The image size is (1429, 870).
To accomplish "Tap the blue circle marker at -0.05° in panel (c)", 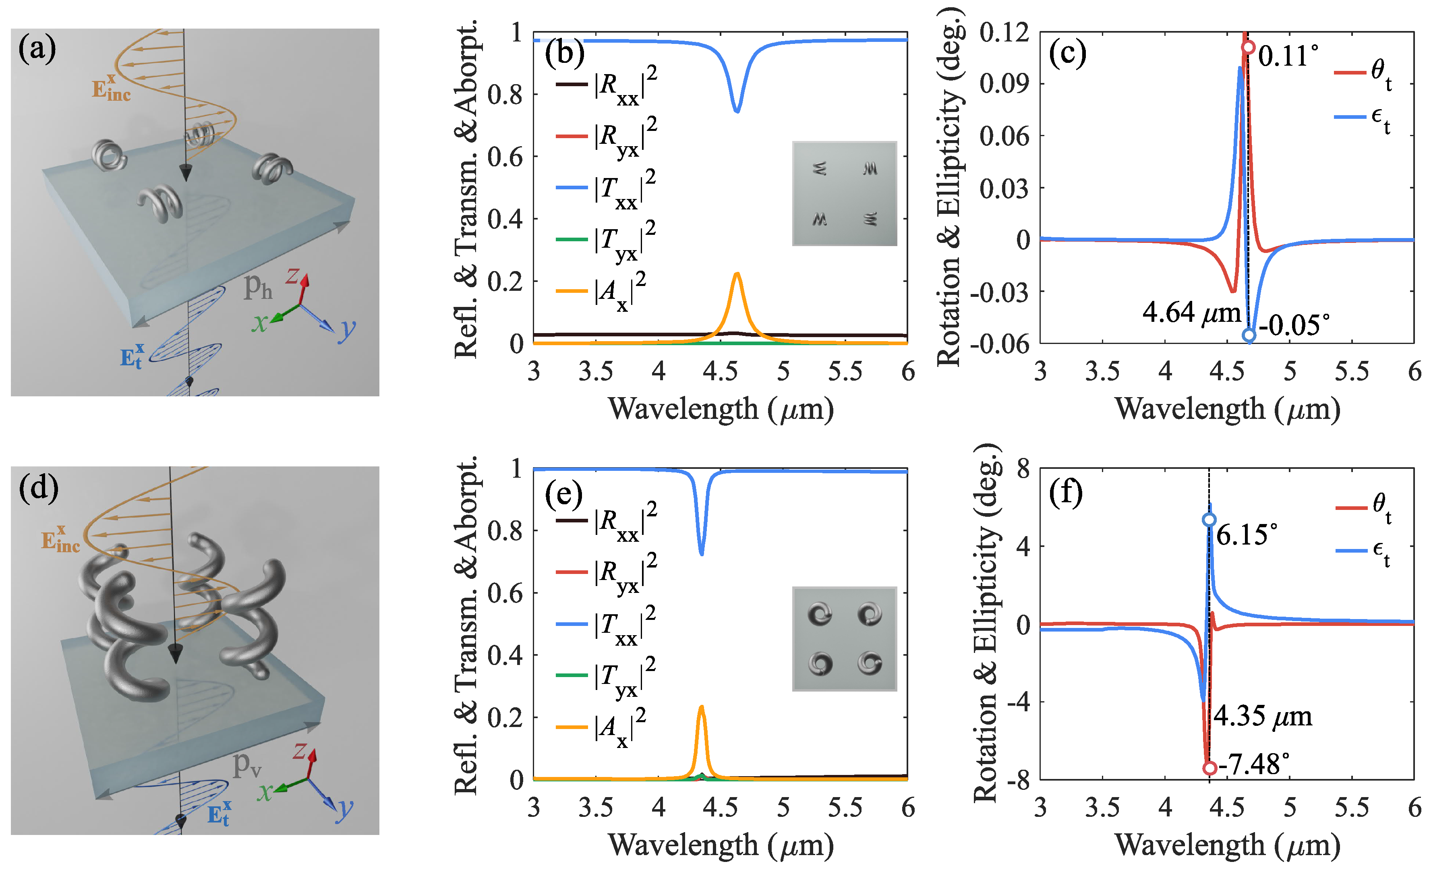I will (x=1249, y=335).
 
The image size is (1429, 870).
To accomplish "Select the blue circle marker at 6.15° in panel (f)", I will (x=1209, y=520).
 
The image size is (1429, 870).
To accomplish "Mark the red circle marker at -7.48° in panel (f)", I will (x=1209, y=768).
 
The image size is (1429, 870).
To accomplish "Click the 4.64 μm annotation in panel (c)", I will (x=1191, y=313).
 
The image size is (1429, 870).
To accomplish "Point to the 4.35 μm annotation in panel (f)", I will (x=1263, y=716).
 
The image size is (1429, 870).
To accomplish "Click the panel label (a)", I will (x=37, y=49).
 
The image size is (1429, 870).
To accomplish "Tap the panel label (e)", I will (x=564, y=494).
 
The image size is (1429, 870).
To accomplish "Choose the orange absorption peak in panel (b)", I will (x=737, y=274).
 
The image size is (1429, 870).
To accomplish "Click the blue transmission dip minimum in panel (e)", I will (x=702, y=554).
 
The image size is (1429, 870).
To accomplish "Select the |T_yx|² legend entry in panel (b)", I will (x=606, y=240).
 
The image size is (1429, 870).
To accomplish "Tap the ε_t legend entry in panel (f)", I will (x=1363, y=551).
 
